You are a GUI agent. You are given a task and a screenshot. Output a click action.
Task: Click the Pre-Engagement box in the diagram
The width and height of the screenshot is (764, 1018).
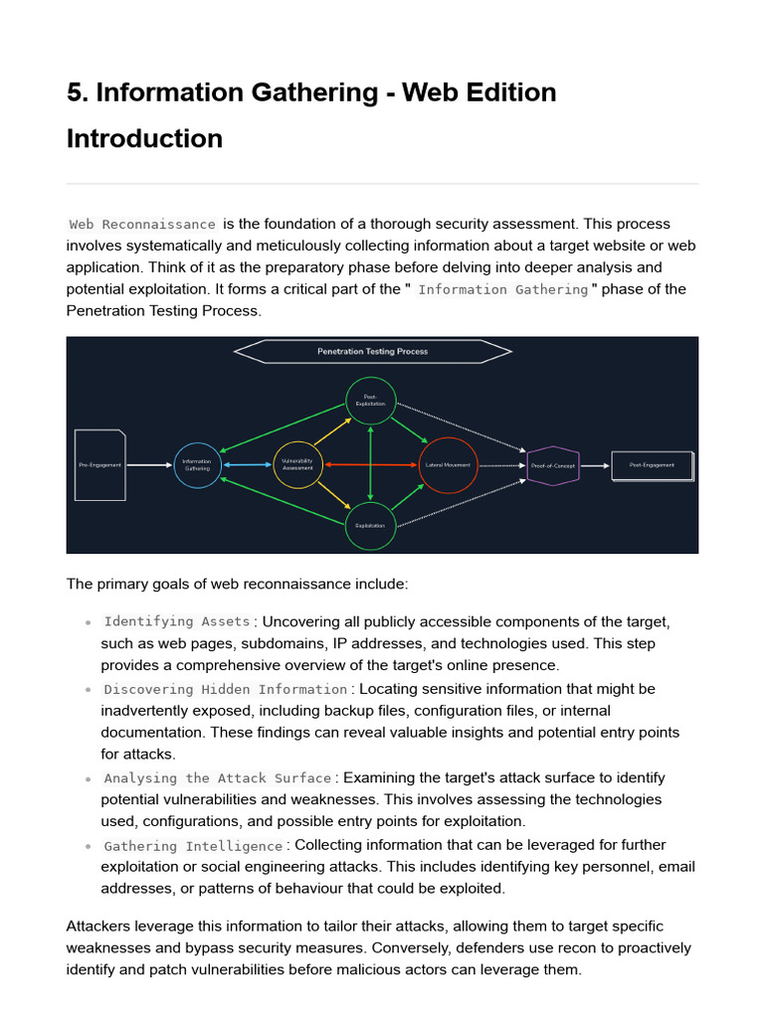[x=99, y=465]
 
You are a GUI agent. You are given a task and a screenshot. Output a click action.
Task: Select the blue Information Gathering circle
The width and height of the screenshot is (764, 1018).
[x=197, y=465]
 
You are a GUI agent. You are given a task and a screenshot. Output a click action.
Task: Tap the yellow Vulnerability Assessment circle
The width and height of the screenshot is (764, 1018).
[x=297, y=464]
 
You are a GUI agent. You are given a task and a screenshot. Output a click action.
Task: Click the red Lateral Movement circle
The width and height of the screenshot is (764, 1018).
[x=449, y=465]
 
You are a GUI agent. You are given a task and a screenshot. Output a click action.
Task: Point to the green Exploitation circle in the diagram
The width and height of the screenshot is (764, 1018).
[x=370, y=526]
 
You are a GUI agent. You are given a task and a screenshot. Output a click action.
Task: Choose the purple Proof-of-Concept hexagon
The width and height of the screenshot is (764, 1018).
[x=552, y=465]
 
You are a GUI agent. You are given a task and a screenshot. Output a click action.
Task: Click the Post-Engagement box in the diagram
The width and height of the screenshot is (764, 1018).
[x=652, y=465]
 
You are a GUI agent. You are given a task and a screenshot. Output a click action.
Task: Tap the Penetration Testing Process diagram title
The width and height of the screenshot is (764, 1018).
[x=372, y=352]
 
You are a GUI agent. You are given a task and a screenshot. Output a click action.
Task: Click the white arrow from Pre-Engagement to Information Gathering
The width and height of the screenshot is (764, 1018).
[x=149, y=465]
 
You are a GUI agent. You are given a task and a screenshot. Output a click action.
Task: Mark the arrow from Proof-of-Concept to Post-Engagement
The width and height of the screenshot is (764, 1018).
[x=595, y=465]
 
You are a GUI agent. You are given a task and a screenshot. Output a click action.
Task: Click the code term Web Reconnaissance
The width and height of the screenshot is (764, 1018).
[x=142, y=225]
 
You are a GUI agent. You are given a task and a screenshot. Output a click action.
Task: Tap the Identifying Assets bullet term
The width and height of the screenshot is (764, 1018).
[x=177, y=622]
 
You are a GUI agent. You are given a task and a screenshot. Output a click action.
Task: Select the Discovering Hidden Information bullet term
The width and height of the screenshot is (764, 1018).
[x=226, y=690]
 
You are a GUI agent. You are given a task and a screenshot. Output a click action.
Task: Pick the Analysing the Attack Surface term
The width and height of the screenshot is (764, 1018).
[x=218, y=778]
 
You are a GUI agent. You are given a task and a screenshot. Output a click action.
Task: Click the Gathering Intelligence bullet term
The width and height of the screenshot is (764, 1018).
[x=194, y=846]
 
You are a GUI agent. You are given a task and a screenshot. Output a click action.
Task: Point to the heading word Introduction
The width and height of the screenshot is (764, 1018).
[x=144, y=138]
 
